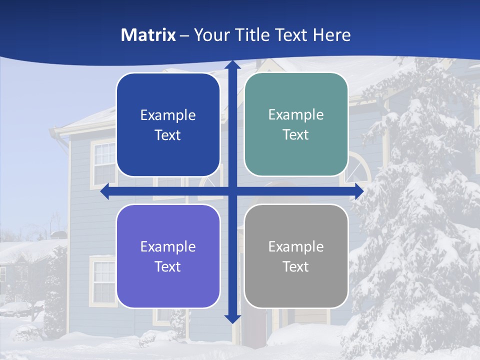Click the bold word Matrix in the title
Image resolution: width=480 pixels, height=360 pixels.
[148, 35]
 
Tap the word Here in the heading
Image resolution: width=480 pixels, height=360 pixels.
[331, 35]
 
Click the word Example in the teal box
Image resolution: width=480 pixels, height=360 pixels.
[296, 115]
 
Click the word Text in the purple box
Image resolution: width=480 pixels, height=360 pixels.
[168, 266]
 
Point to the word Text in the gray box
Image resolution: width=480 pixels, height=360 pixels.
[296, 266]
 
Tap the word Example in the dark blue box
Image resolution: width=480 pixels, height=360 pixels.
[168, 115]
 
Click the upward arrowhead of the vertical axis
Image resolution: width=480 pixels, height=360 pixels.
[232, 65]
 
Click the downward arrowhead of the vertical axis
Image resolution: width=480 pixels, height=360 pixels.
[232, 318]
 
